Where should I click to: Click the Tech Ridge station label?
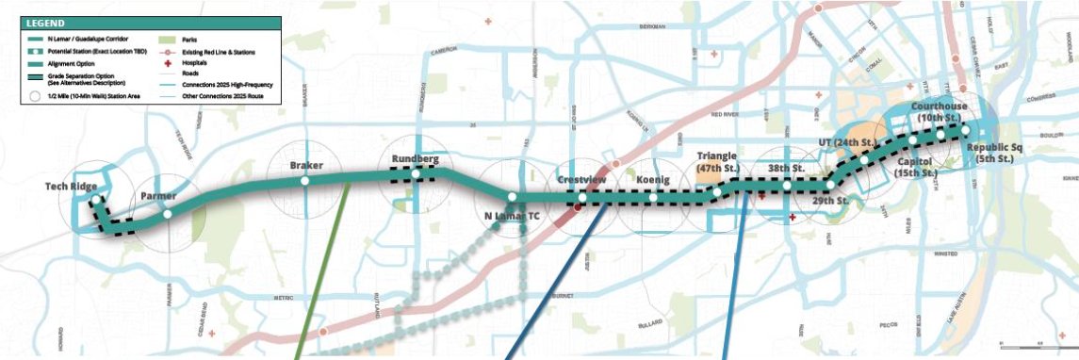[x=71, y=187]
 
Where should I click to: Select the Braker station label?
[x=306, y=166]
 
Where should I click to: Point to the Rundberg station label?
[x=416, y=159]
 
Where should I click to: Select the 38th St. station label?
[x=784, y=168]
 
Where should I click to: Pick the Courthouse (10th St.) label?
[x=940, y=113]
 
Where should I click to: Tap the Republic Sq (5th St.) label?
[x=994, y=154]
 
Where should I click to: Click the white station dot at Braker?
[x=304, y=180]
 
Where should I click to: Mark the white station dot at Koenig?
[x=652, y=198]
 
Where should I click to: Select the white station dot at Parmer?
[x=167, y=214]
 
